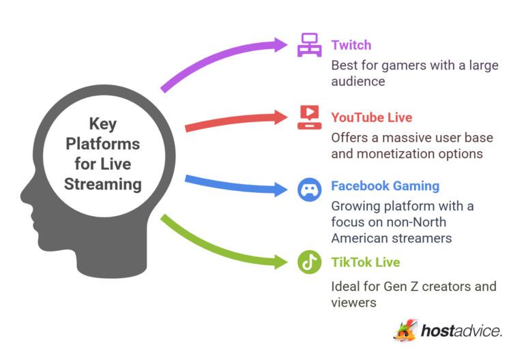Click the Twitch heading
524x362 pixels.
351,46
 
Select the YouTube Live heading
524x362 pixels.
371,117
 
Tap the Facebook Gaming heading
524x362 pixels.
385,185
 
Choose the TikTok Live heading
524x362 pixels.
365,262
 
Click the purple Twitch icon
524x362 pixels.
309,46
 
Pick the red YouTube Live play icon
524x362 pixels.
309,117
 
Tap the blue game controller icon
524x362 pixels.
309,189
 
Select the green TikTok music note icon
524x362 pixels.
309,262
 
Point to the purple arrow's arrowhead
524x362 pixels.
280,46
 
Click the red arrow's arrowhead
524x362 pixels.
280,117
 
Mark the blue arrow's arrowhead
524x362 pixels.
280,189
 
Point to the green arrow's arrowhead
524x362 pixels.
280,262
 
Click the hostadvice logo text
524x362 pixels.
461,331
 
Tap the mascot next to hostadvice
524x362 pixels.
405,330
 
